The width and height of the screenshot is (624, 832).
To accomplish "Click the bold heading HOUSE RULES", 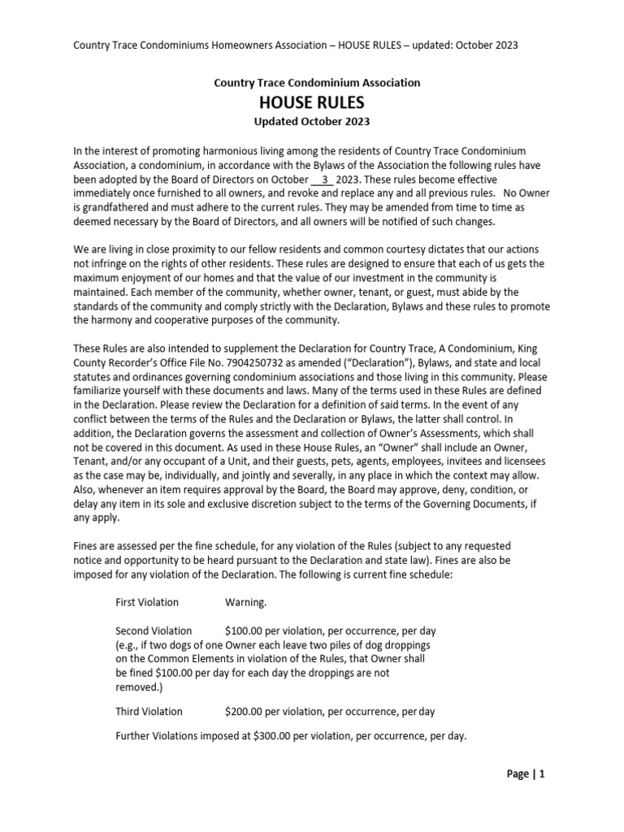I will [x=311, y=102].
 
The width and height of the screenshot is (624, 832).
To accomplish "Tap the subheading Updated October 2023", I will [x=312, y=122].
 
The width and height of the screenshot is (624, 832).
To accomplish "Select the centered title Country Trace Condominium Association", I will [x=317, y=83].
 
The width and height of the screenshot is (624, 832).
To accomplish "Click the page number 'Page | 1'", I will [x=526, y=774].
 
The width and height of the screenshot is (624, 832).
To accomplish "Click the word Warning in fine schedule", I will [x=245, y=603].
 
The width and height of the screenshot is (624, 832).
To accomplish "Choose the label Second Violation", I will [x=154, y=630].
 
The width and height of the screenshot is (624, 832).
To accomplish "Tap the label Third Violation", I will [x=149, y=712].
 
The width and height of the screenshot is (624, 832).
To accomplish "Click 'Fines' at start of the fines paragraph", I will [x=87, y=547].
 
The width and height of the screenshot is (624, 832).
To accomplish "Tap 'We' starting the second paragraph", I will [x=81, y=250].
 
